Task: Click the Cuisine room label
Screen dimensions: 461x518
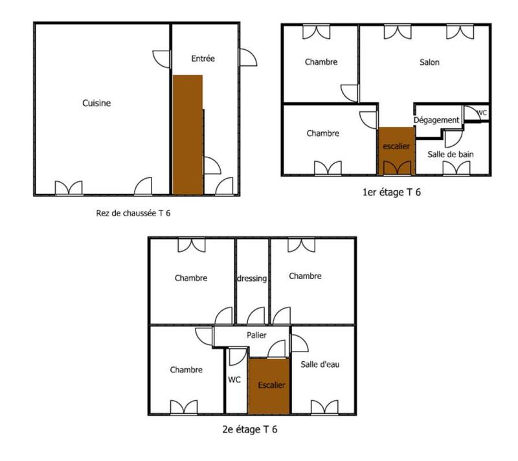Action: pyautogui.click(x=96, y=103)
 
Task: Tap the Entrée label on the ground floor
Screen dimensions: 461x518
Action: pyautogui.click(x=203, y=58)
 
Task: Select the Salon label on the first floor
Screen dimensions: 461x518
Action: pyautogui.click(x=429, y=62)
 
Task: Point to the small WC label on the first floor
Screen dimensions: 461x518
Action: pyautogui.click(x=481, y=113)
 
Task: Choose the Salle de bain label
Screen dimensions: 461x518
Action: pyautogui.click(x=451, y=154)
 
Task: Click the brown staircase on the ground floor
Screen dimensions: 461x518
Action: pyautogui.click(x=188, y=134)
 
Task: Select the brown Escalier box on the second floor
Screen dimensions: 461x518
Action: pyautogui.click(x=269, y=385)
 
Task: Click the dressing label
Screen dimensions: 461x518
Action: pyautogui.click(x=252, y=278)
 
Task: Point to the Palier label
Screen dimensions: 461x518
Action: pyautogui.click(x=256, y=335)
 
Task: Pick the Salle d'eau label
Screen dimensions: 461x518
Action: pyautogui.click(x=320, y=364)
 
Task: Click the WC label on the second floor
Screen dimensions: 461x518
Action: pyautogui.click(x=234, y=380)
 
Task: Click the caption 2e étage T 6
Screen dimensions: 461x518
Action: pyautogui.click(x=250, y=429)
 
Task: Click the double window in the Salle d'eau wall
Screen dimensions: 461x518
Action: pyautogui.click(x=324, y=407)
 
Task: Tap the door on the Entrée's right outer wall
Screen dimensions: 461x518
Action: pyautogui.click(x=247, y=58)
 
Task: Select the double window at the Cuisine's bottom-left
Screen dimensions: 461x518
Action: pyautogui.click(x=69, y=188)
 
